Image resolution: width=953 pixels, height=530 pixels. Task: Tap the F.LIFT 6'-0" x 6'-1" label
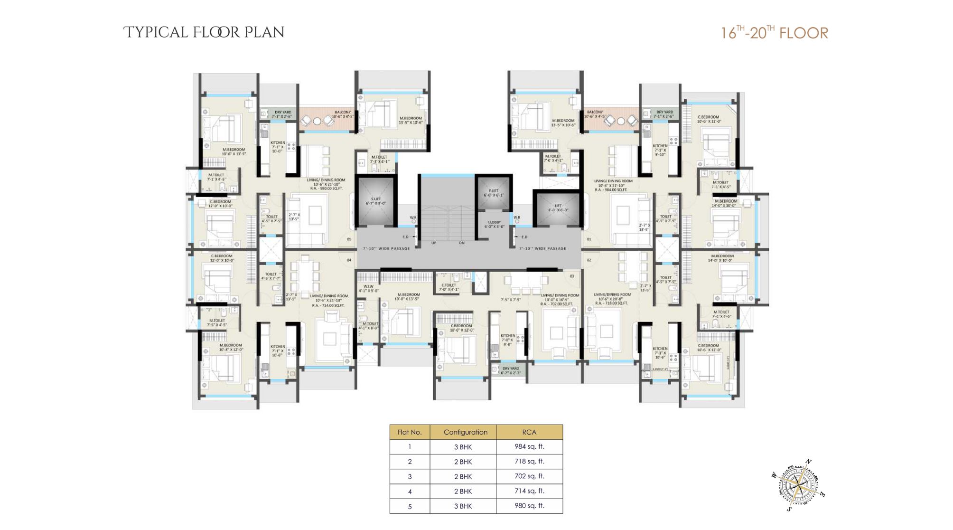[x=494, y=193]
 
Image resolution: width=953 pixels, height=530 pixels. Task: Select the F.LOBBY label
[x=494, y=224]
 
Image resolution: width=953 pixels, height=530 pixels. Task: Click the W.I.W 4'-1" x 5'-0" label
[x=368, y=288]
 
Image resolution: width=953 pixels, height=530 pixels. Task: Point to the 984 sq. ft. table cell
[x=529, y=446]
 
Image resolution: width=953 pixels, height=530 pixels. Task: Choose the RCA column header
[x=529, y=432]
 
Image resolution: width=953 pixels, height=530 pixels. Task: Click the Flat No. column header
[x=410, y=432]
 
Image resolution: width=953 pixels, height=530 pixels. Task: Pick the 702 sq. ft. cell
[x=529, y=476]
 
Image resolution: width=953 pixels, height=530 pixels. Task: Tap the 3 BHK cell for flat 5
[x=463, y=506]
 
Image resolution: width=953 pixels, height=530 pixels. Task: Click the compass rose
[x=800, y=485]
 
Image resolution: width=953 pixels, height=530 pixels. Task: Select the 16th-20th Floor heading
[x=774, y=33]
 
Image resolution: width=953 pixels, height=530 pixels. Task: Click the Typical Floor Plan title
[x=204, y=32]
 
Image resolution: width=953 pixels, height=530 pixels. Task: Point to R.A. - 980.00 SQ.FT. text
[x=326, y=189]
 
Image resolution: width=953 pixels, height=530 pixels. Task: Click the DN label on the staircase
[x=462, y=243]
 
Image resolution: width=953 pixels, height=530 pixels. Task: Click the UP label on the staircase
[x=434, y=243]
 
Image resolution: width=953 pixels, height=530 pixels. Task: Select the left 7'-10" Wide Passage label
[x=386, y=248]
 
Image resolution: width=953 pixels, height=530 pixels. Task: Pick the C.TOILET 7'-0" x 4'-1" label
[x=448, y=287]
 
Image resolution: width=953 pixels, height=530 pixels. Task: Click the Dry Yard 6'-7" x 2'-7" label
[x=511, y=370]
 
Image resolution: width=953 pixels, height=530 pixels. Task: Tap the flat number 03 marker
[x=572, y=276]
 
